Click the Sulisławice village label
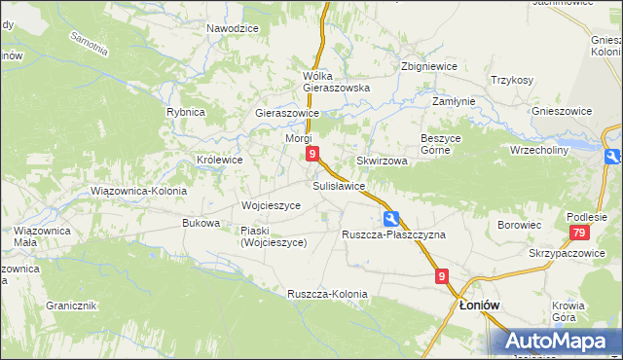point(339,185)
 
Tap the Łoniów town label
point(479,305)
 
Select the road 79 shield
point(579,233)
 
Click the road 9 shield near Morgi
point(311,154)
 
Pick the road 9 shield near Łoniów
point(442,277)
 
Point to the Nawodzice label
point(233,28)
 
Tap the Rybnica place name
point(185,112)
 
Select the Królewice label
point(220,159)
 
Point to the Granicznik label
point(70,306)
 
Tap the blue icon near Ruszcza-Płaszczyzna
point(390,218)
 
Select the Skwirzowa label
point(382,161)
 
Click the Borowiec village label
point(519,225)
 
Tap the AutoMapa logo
point(558,342)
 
